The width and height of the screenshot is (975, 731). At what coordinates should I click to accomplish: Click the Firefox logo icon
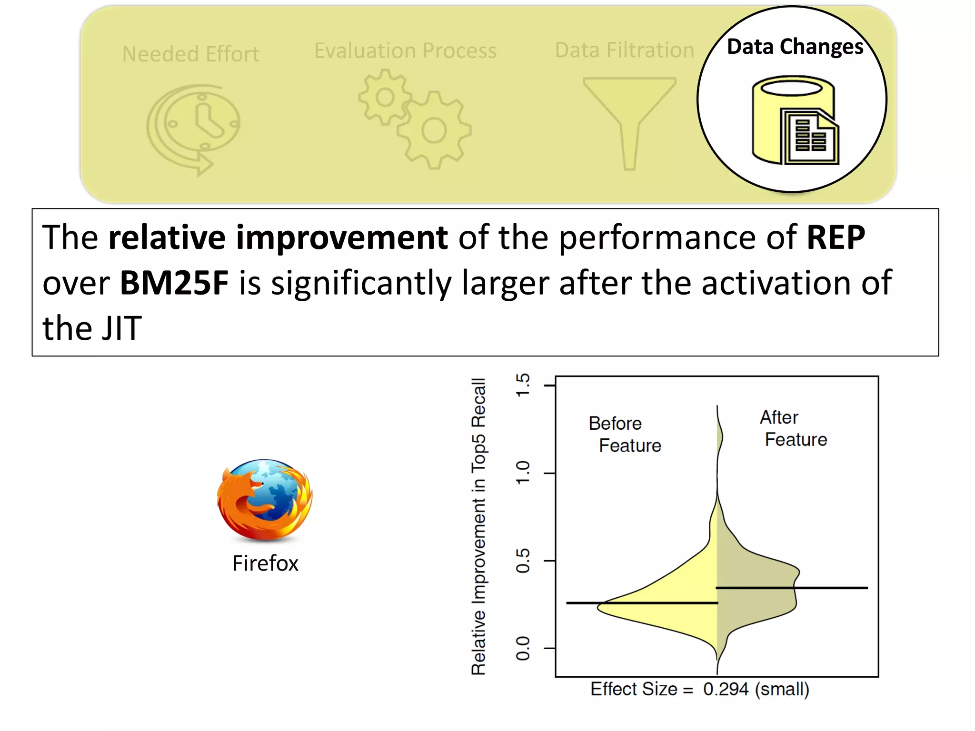(x=265, y=500)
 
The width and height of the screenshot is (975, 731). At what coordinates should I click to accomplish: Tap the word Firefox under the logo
(x=265, y=563)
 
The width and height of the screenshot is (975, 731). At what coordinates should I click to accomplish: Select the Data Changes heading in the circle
(x=795, y=47)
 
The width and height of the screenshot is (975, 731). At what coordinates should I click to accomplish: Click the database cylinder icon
(x=794, y=120)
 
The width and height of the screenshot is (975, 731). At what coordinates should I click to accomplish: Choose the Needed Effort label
(x=190, y=54)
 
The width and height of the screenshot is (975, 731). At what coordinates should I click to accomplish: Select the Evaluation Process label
(x=405, y=50)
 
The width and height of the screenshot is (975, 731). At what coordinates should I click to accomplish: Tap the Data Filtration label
(x=624, y=50)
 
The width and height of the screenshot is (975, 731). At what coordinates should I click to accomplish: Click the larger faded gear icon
(x=434, y=130)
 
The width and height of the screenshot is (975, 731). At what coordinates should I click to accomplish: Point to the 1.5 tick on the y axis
(x=523, y=385)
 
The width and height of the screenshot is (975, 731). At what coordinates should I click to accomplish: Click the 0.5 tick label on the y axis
(x=523, y=561)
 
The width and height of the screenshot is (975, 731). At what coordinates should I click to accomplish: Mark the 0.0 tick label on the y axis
(x=523, y=648)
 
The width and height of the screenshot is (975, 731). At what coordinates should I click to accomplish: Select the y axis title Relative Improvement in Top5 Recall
(x=478, y=526)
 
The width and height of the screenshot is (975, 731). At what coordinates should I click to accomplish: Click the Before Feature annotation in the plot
(x=624, y=434)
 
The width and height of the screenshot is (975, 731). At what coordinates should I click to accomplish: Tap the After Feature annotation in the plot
(x=793, y=428)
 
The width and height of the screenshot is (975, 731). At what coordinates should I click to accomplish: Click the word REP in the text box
(x=836, y=237)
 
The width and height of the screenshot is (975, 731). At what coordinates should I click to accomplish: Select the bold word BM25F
(x=174, y=283)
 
